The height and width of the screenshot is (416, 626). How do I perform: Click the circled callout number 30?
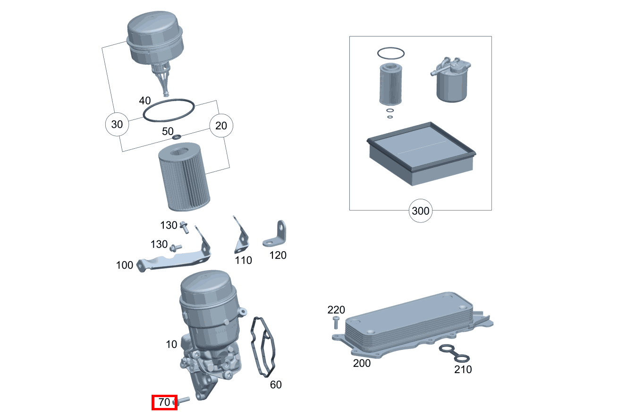[x=117, y=124]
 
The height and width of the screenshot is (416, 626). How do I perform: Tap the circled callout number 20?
[x=221, y=126]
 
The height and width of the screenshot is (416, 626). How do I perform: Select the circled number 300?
[x=421, y=211]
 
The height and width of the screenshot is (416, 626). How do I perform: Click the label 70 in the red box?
[x=164, y=402]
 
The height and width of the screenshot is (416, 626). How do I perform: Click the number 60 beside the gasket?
[x=276, y=385]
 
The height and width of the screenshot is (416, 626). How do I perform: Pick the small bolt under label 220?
[x=336, y=323]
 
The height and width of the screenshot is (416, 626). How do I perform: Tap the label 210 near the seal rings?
[x=463, y=370]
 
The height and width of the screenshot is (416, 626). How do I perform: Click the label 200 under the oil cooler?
[x=362, y=363]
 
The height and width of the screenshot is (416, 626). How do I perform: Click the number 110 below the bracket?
[x=244, y=260]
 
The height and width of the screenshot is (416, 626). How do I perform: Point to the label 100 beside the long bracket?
[x=125, y=265]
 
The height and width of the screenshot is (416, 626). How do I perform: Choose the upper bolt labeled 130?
[x=184, y=227]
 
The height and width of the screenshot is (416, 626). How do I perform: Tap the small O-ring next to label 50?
[x=177, y=137]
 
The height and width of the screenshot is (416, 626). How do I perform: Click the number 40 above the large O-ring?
[x=145, y=101]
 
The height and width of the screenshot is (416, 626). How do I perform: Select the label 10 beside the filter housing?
[x=171, y=344]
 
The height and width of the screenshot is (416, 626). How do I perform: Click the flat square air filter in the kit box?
[x=421, y=153]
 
